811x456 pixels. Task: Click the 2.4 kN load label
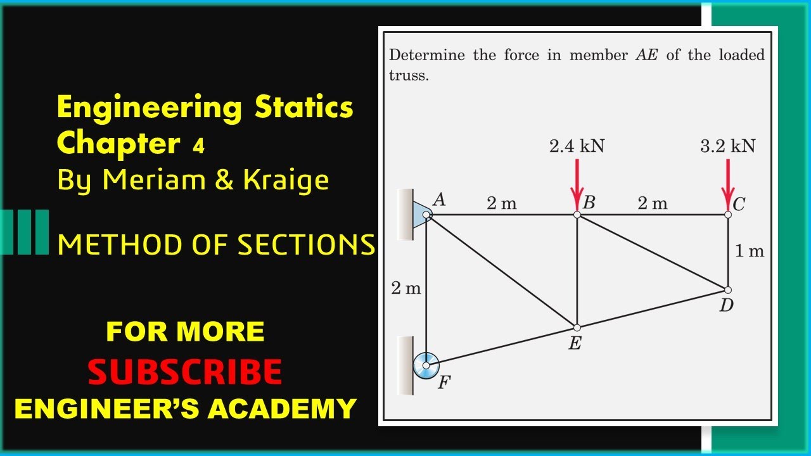pos(577,146)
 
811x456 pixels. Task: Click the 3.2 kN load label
pos(727,146)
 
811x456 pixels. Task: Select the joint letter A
pos(439,199)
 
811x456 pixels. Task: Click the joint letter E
pos(575,344)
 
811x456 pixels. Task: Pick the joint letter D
pos(726,306)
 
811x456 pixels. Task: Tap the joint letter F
pos(444,382)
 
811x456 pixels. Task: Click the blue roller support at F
pos(426,365)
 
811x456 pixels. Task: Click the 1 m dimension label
pos(750,251)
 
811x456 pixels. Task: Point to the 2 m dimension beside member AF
pos(405,288)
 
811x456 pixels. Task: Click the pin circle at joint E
pos(577,327)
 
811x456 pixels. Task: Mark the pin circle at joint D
pos(727,290)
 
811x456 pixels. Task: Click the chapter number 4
pos(198,147)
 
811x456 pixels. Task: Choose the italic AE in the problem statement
pos(646,55)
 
